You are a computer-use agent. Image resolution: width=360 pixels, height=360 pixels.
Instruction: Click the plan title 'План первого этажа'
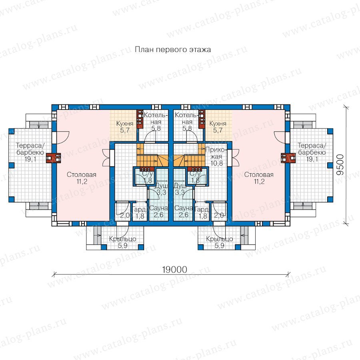(173, 50)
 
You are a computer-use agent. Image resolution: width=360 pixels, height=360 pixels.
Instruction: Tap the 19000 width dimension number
(174, 270)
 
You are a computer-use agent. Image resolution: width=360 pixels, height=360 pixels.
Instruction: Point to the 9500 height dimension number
(340, 165)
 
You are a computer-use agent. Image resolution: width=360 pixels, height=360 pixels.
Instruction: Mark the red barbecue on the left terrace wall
(53, 158)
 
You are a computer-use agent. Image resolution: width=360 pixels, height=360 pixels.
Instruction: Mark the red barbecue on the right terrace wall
(288, 158)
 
